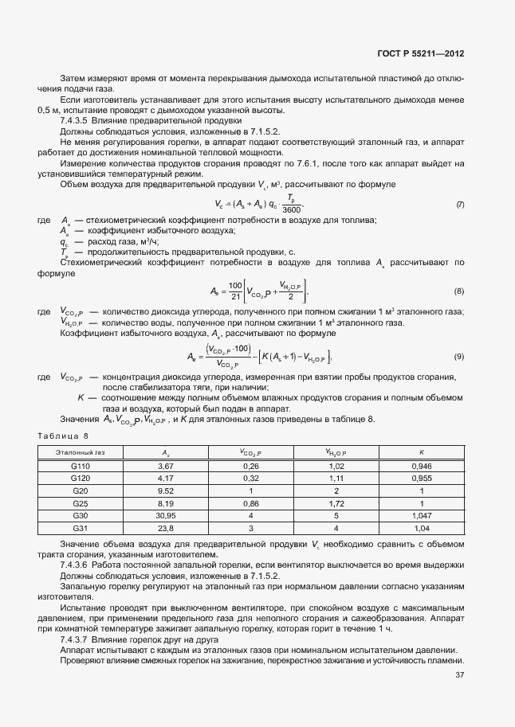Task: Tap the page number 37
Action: (459, 674)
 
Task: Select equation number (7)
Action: (460, 205)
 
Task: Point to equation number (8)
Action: (459, 291)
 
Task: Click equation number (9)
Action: (459, 355)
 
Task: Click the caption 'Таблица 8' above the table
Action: (65, 436)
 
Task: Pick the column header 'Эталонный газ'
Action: (81, 452)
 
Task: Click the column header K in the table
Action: (419, 452)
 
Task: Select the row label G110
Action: (81, 465)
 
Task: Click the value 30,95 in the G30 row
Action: (166, 515)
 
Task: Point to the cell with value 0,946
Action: (419, 465)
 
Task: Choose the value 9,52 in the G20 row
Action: (166, 491)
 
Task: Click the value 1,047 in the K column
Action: (419, 515)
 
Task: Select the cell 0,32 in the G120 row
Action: (250, 478)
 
